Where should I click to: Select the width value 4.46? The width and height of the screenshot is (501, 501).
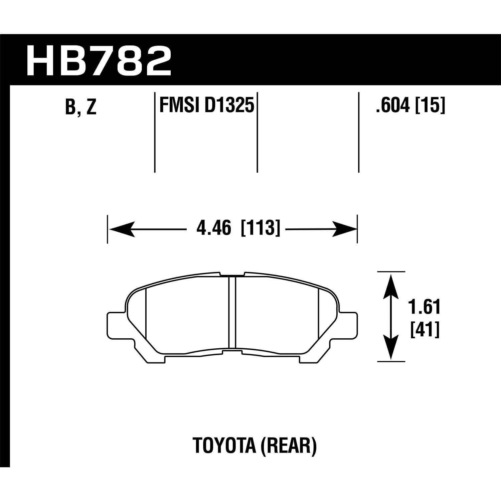pos(214,229)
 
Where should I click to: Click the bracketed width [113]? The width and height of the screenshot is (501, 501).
pos(260,229)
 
